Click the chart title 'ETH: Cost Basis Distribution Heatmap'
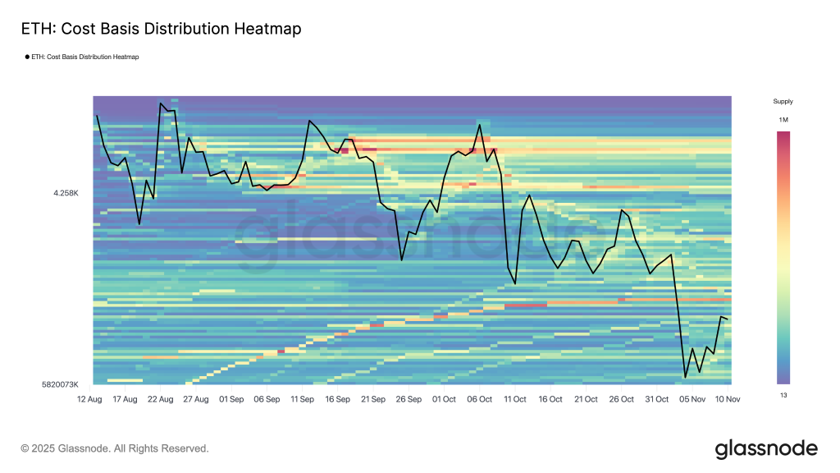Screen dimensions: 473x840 coord(160,29)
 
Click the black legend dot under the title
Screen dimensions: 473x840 coord(27,57)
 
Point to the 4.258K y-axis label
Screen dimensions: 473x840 coord(66,193)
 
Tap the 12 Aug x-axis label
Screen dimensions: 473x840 coord(89,399)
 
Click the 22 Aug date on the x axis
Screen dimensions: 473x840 coord(161,399)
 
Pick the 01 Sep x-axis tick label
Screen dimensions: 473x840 coord(231,399)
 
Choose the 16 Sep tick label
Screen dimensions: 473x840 coord(338,399)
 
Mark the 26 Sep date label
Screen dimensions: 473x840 coord(409,399)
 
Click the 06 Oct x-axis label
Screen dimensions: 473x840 coord(480,399)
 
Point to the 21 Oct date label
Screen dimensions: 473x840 coord(586,399)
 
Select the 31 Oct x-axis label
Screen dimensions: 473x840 coord(657,399)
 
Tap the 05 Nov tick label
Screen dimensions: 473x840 coord(692,399)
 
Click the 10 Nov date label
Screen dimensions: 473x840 coord(728,399)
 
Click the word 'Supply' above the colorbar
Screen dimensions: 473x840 coord(783,102)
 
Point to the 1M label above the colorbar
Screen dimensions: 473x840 coord(783,120)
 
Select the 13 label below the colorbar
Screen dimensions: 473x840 coord(783,394)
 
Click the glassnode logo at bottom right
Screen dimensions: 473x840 coord(766,448)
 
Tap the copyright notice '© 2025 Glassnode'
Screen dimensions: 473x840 coord(115,448)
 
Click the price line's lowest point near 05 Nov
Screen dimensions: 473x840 coord(685,378)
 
